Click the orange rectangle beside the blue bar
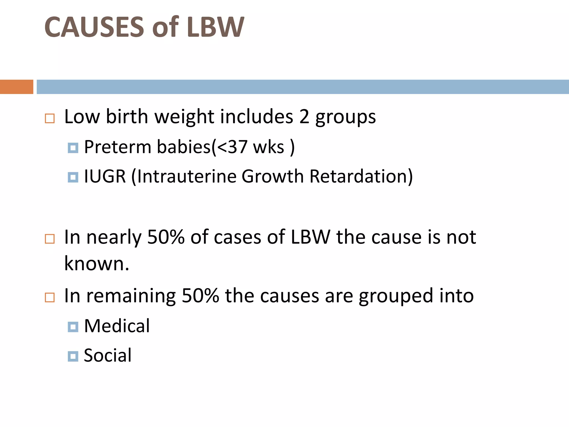click(x=16, y=87)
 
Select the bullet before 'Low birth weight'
click(x=50, y=118)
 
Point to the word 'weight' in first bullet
click(x=184, y=117)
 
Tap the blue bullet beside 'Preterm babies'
click(x=73, y=148)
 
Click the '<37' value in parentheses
click(x=232, y=147)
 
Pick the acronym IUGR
click(x=105, y=176)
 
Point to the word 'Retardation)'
click(x=361, y=176)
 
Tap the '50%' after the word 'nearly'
click(x=166, y=237)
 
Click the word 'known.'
click(x=97, y=263)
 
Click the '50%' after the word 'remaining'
click(x=200, y=296)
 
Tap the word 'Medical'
click(x=117, y=326)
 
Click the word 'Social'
click(x=108, y=355)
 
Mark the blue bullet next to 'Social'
click(x=73, y=356)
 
